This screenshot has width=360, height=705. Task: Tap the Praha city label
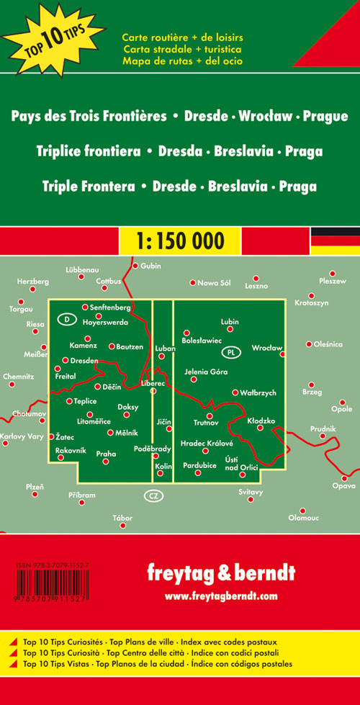[106, 454]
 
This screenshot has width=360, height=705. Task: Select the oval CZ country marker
[153, 495]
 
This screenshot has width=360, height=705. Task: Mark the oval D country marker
[66, 318]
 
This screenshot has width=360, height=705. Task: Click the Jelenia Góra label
[206, 372]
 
